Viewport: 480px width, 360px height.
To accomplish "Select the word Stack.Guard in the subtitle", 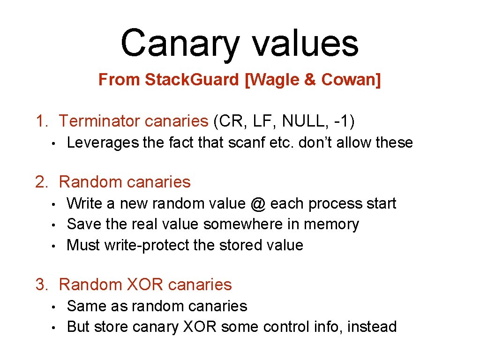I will click(192, 80).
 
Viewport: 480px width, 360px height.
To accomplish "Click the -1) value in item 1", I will click(345, 121).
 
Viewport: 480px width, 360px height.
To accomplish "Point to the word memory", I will click(331, 224).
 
